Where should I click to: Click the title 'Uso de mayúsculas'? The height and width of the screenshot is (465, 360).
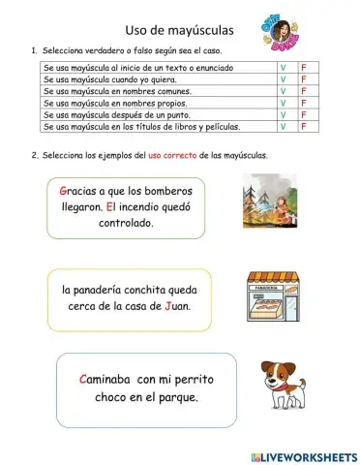coord(180,31)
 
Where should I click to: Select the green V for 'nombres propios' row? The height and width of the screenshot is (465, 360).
coord(283,103)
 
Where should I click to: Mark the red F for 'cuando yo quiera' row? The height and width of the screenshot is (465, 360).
coord(303,79)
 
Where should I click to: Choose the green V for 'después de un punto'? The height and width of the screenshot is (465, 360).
coord(283,114)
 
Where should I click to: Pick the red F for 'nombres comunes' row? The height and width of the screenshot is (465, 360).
coord(303,91)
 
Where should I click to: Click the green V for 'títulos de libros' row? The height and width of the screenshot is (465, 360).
coord(283,126)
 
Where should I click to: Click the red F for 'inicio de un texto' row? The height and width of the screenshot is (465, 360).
coord(303,68)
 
